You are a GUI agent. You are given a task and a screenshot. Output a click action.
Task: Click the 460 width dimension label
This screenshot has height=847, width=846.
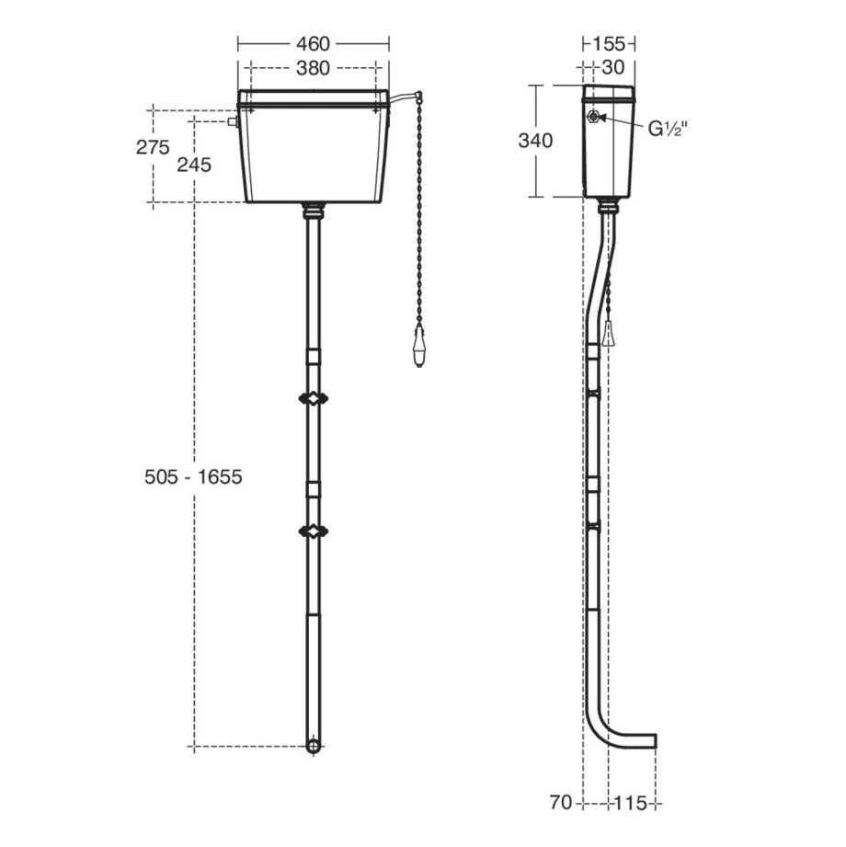tap(314, 44)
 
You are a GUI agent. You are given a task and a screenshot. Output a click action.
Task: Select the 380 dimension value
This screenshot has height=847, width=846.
tap(314, 68)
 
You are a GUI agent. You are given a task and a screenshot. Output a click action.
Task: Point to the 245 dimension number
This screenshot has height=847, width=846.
tap(194, 165)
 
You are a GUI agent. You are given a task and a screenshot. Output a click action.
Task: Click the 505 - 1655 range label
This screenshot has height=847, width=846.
tap(193, 477)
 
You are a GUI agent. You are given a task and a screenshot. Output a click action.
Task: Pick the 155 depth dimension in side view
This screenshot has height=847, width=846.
tap(609, 44)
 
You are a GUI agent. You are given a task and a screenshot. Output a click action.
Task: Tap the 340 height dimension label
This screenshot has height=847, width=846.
tap(536, 141)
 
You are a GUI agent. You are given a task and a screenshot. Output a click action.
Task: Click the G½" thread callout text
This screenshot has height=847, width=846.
tap(669, 129)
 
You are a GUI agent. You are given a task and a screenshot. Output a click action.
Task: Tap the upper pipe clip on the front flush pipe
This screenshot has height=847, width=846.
tap(314, 399)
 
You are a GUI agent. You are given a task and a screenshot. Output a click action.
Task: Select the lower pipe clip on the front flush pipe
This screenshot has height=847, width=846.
tap(314, 531)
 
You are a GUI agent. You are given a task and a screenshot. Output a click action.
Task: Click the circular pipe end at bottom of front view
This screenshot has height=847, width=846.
tap(314, 745)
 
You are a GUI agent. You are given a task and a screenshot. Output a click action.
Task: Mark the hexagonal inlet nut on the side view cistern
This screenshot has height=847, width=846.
tap(595, 117)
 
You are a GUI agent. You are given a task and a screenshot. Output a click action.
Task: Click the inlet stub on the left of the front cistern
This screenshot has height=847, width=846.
tap(233, 120)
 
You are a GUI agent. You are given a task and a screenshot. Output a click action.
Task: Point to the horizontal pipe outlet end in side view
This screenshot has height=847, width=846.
tap(651, 741)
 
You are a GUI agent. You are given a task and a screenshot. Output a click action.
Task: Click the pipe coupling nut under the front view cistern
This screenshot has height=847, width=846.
tap(314, 211)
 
